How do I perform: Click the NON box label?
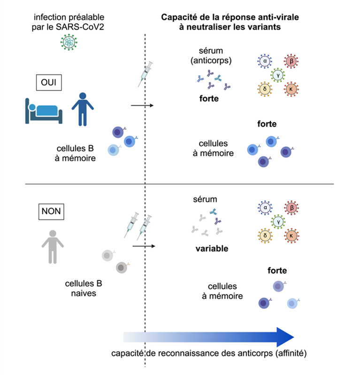coord(51,211)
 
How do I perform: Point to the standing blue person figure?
coord(83,108)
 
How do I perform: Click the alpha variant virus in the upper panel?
coord(265,62)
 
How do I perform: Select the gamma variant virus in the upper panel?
coord(278,75)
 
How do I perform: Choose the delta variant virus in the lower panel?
coord(265,235)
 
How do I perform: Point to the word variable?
coord(212,249)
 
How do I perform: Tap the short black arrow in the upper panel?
coord(142,105)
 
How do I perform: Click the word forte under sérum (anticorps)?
coord(209,99)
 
